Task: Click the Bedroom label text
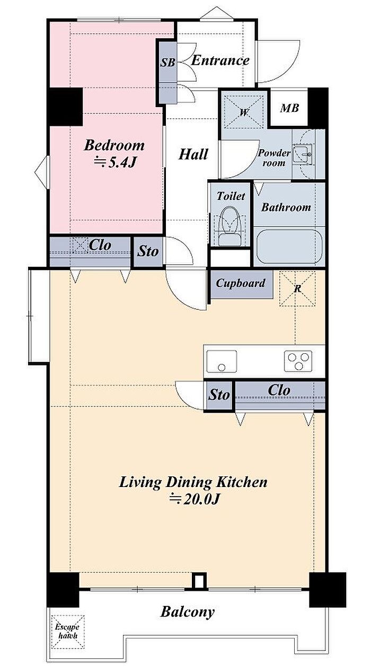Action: tap(114, 145)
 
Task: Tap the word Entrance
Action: tap(220, 60)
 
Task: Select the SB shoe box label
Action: tap(167, 63)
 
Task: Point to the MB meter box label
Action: tap(289, 108)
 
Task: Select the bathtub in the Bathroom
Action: tap(289, 246)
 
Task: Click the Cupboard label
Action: tap(241, 283)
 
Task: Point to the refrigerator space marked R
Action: tap(297, 289)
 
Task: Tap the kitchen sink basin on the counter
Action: tap(222, 361)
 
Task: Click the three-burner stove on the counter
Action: tap(298, 361)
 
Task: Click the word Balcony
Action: tap(188, 612)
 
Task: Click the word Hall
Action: tap(193, 154)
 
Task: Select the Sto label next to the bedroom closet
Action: tap(148, 251)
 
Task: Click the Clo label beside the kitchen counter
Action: tap(279, 390)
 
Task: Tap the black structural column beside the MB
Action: tap(318, 107)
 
